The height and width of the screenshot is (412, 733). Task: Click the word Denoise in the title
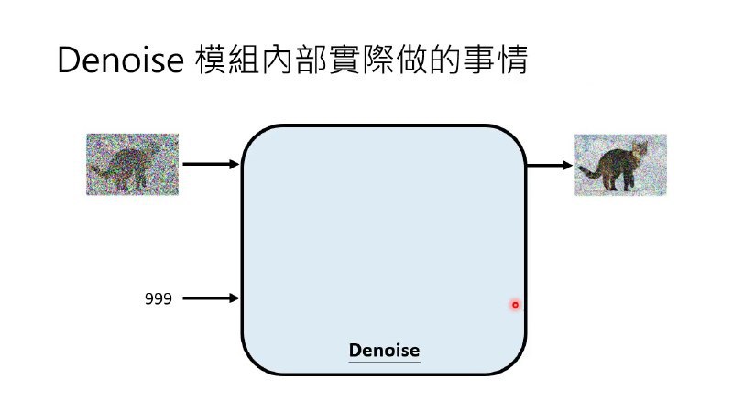(x=121, y=60)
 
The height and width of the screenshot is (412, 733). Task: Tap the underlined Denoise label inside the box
(x=384, y=351)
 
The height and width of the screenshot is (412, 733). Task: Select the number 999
(x=158, y=298)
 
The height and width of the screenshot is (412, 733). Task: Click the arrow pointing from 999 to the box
(x=211, y=298)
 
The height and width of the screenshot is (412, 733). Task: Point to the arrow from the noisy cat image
(x=211, y=164)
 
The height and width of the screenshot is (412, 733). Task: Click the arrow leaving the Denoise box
(x=550, y=166)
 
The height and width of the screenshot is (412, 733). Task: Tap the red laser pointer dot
(x=515, y=305)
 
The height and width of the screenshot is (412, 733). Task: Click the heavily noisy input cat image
(x=132, y=164)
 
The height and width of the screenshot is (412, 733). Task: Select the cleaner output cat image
(x=620, y=165)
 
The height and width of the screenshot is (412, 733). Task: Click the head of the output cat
(x=639, y=149)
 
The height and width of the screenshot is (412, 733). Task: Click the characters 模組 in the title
(x=227, y=60)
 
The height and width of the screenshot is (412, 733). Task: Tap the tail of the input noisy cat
(x=99, y=170)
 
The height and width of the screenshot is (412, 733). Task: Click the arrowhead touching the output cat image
(x=567, y=166)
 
